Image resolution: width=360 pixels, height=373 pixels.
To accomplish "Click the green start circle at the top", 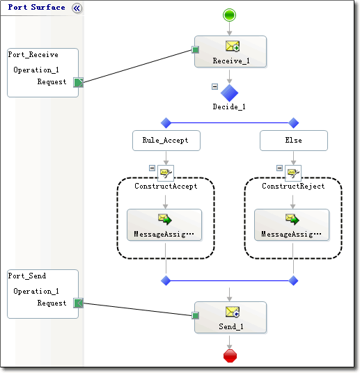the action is [229, 15].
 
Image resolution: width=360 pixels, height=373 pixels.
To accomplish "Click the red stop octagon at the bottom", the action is [230, 356].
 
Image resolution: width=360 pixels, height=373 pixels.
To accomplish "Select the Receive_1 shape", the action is [230, 51].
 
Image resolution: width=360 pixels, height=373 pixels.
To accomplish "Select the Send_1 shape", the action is [230, 317].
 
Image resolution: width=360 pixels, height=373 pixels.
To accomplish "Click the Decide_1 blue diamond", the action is [229, 93].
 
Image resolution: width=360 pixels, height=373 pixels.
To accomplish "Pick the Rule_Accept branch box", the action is [166, 141].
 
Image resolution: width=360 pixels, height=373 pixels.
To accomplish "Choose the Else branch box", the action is [294, 141].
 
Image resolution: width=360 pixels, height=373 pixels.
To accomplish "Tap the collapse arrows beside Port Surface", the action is [77, 8].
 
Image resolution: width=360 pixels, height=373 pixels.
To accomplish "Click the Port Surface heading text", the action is [36, 8].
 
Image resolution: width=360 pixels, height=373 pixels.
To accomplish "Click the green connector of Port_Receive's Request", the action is [78, 82].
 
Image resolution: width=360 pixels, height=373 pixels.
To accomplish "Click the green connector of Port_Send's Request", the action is [78, 303].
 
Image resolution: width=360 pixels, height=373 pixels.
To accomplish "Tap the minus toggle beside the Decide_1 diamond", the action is [214, 86].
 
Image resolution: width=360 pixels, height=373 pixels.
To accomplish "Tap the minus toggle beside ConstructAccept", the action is [152, 168].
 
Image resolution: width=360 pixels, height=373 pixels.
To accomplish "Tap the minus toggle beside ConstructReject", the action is [279, 168].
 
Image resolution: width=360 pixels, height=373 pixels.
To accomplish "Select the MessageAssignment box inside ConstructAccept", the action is [164, 225].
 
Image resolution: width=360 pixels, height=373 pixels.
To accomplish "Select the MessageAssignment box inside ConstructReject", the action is [292, 225].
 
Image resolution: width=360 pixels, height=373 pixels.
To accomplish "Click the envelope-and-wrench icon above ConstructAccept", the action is [166, 173].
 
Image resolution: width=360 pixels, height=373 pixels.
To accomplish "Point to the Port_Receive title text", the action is [33, 55].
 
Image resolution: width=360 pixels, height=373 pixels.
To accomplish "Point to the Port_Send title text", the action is [27, 276].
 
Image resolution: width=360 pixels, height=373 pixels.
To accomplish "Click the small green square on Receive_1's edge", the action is [195, 50].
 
